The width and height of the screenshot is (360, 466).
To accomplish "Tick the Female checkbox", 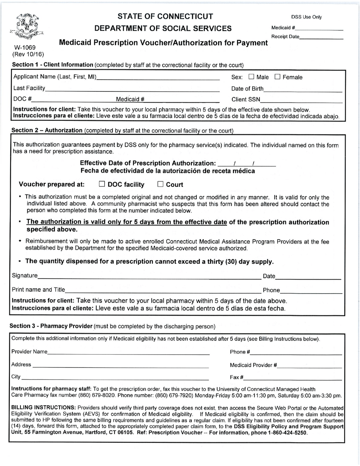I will click(277, 77).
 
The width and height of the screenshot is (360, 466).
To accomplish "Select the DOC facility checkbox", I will click(102, 185).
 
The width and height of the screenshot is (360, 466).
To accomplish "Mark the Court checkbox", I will click(160, 185).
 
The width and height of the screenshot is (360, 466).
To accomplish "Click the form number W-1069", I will click(25, 48).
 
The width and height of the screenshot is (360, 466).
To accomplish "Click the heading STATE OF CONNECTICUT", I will click(166, 16).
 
